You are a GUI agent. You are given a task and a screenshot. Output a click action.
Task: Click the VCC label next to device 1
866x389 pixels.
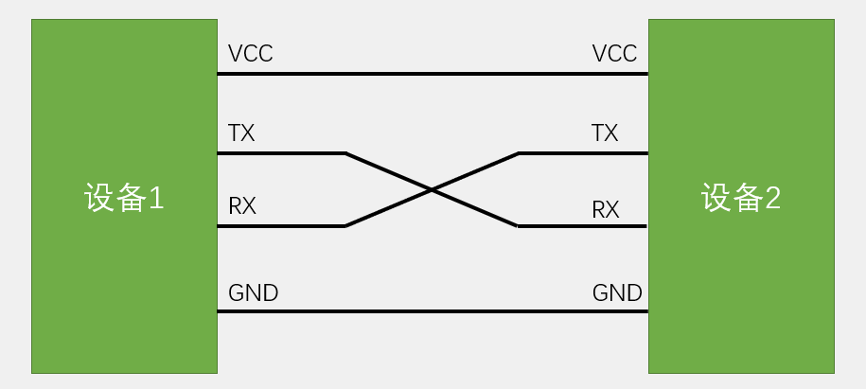click(250, 54)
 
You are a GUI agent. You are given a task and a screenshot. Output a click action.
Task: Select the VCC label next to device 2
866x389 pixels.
click(614, 54)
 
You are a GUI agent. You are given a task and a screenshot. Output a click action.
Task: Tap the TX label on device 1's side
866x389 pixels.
click(241, 133)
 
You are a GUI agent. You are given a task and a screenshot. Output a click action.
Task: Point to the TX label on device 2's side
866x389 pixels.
click(605, 133)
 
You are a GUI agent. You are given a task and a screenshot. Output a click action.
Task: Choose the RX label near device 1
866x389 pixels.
click(242, 206)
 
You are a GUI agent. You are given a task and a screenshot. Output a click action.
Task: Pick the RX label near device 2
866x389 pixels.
click(606, 209)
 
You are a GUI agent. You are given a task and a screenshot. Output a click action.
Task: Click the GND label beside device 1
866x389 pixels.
click(253, 292)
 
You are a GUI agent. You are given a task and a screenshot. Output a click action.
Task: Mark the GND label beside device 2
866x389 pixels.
click(617, 292)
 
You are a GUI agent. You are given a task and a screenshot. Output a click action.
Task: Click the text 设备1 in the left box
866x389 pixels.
click(124, 199)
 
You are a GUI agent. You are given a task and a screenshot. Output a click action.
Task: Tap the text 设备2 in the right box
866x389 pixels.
click(740, 199)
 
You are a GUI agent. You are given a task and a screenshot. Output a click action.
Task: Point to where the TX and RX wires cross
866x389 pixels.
click(432, 189)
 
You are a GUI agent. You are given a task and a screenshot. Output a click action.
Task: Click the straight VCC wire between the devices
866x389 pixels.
click(433, 73)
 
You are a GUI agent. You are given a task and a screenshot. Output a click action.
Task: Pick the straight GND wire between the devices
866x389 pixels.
click(433, 310)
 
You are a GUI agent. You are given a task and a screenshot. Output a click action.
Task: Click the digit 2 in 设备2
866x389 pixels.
click(772, 199)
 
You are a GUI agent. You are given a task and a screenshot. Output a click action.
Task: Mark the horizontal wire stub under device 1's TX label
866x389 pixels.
click(281, 152)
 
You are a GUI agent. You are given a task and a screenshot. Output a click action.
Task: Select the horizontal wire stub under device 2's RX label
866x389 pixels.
click(582, 226)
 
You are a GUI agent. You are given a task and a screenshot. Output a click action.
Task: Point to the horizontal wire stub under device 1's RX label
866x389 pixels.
click(281, 226)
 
